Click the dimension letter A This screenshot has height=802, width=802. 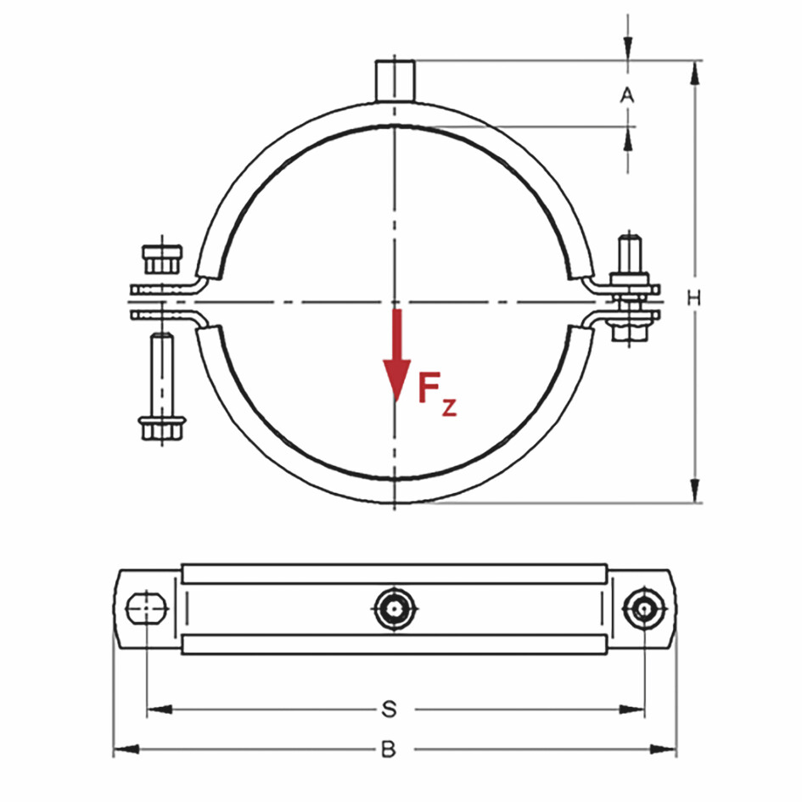coord(627,95)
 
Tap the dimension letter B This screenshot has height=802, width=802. coord(388,749)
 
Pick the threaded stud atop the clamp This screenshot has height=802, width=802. coord(395,80)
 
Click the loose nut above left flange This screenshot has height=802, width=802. coord(161,258)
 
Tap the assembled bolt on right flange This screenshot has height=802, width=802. coord(630,289)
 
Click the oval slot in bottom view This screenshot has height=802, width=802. coord(148,608)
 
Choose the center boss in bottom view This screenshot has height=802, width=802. coord(395,608)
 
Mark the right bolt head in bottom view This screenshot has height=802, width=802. coord(642,608)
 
